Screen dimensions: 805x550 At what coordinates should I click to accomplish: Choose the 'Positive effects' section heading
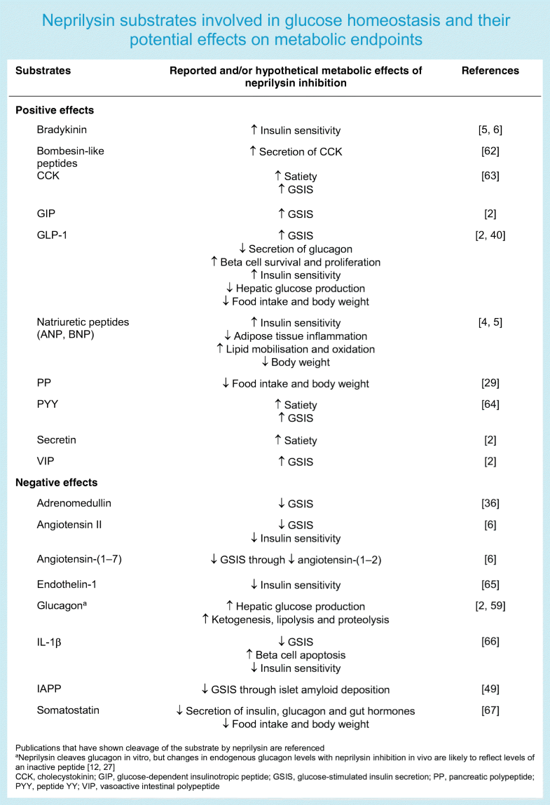(55, 110)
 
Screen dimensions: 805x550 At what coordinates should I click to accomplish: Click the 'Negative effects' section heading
(57, 483)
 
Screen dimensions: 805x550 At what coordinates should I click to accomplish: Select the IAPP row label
(50, 689)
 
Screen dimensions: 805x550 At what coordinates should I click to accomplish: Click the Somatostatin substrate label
(68, 710)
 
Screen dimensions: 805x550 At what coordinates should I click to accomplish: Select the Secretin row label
(56, 441)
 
